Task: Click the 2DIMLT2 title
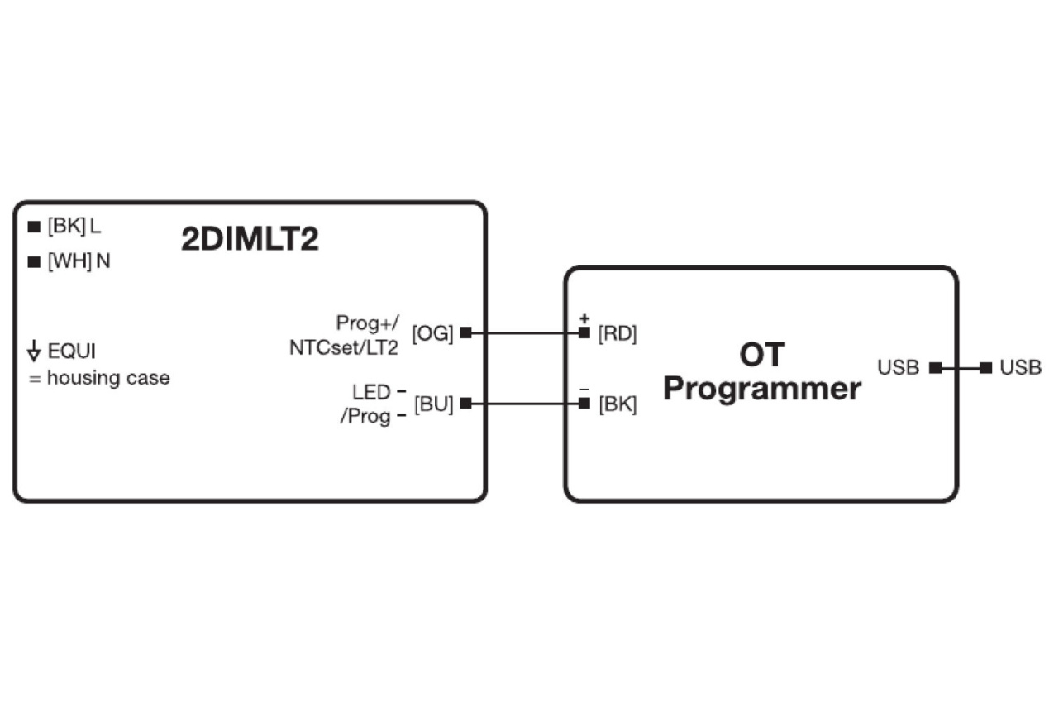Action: [x=250, y=240]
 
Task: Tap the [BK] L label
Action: [x=74, y=226]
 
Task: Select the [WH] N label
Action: [x=79, y=261]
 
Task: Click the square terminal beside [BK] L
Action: [x=34, y=227]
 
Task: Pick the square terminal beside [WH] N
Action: [x=34, y=262]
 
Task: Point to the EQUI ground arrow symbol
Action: [x=34, y=351]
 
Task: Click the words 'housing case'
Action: [x=108, y=378]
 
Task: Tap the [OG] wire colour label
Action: [x=433, y=333]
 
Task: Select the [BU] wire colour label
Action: [x=433, y=404]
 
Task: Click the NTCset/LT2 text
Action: [x=343, y=347]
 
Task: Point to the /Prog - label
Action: [x=373, y=416]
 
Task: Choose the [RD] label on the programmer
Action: [x=617, y=333]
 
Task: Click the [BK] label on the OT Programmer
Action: [x=617, y=404]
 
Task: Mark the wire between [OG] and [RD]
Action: [x=525, y=333]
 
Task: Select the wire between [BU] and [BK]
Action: [x=525, y=404]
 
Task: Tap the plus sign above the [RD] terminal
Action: [x=584, y=318]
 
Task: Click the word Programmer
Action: [x=761, y=389]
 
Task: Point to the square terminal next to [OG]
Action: [x=466, y=333]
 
